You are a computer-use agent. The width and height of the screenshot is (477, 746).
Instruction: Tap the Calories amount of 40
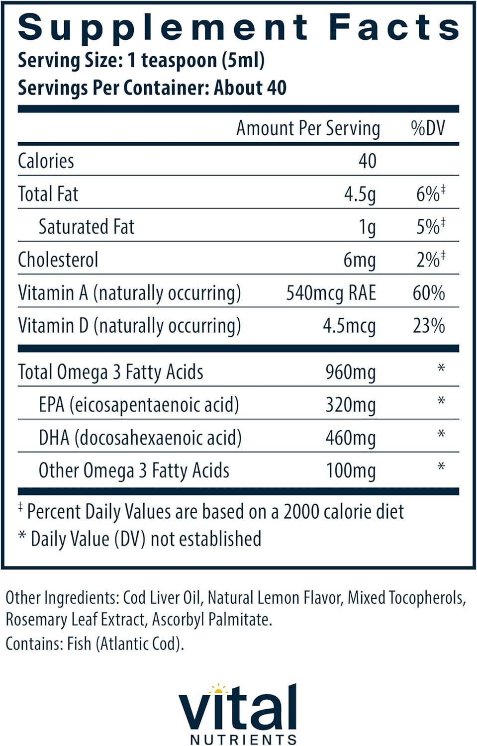pos(367,161)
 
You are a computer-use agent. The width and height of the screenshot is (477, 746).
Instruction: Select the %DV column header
pos(428,128)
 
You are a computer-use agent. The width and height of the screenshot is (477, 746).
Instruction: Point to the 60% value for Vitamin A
pos(428,293)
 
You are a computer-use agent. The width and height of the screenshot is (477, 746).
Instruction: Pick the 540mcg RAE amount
pos(331,293)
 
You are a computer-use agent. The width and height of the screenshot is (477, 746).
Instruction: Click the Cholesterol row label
pos(58,260)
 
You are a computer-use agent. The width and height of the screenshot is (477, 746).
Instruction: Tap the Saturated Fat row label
pos(87,227)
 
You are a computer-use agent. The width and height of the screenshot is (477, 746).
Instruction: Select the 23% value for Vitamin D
pos(428,326)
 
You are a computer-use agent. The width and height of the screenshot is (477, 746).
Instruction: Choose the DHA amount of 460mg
pos(350,438)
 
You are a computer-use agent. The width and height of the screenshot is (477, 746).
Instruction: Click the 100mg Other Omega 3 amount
pos(350,471)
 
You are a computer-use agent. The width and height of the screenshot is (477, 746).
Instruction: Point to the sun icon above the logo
pos(217,689)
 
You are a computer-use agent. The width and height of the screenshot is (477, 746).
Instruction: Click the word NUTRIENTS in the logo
pos(243,739)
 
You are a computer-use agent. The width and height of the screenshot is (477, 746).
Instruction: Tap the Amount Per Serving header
pos(308,128)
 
